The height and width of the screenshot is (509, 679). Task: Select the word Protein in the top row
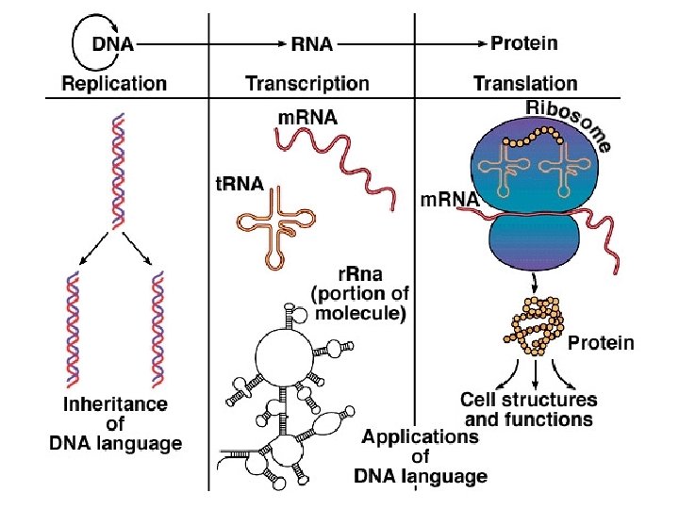click(x=524, y=43)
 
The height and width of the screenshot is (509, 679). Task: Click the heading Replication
click(x=114, y=83)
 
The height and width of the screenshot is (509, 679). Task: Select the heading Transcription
click(x=307, y=83)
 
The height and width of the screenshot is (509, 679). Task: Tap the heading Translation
click(x=525, y=83)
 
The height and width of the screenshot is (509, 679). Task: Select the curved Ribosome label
click(x=568, y=123)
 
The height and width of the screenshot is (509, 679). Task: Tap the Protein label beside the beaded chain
click(x=601, y=343)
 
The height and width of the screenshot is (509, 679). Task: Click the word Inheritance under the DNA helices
click(x=115, y=405)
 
